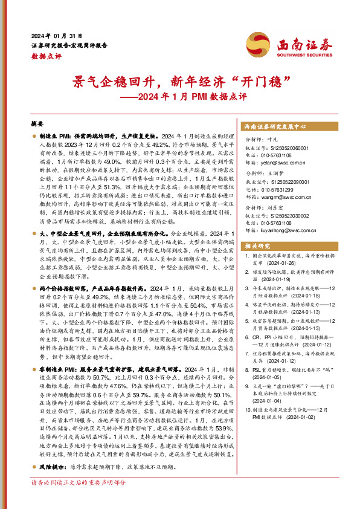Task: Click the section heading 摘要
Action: [37, 123]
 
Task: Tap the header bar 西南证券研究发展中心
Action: [275, 127]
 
